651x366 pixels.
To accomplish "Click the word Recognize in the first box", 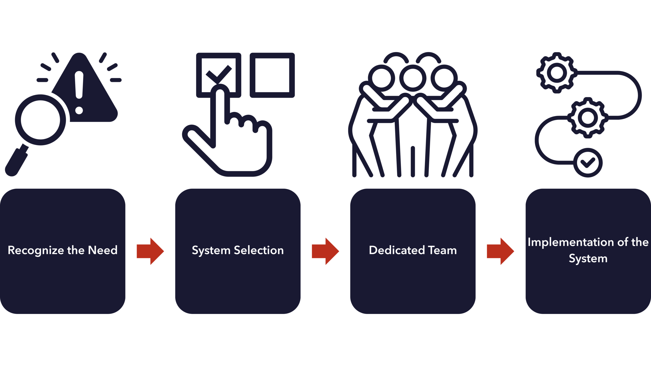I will [x=35, y=251].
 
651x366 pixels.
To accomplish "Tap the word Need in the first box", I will [x=103, y=250].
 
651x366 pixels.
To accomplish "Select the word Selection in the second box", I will [x=259, y=250].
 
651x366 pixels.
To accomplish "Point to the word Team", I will [x=443, y=250].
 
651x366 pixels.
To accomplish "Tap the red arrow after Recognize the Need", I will [x=150, y=251].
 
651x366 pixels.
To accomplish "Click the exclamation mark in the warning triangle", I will [x=79, y=91].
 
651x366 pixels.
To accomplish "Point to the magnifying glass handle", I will [x=17, y=163].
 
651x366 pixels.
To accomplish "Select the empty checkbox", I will [x=272, y=75].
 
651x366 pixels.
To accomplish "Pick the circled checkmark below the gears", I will [x=588, y=163].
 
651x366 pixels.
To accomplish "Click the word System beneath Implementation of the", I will [x=588, y=259].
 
